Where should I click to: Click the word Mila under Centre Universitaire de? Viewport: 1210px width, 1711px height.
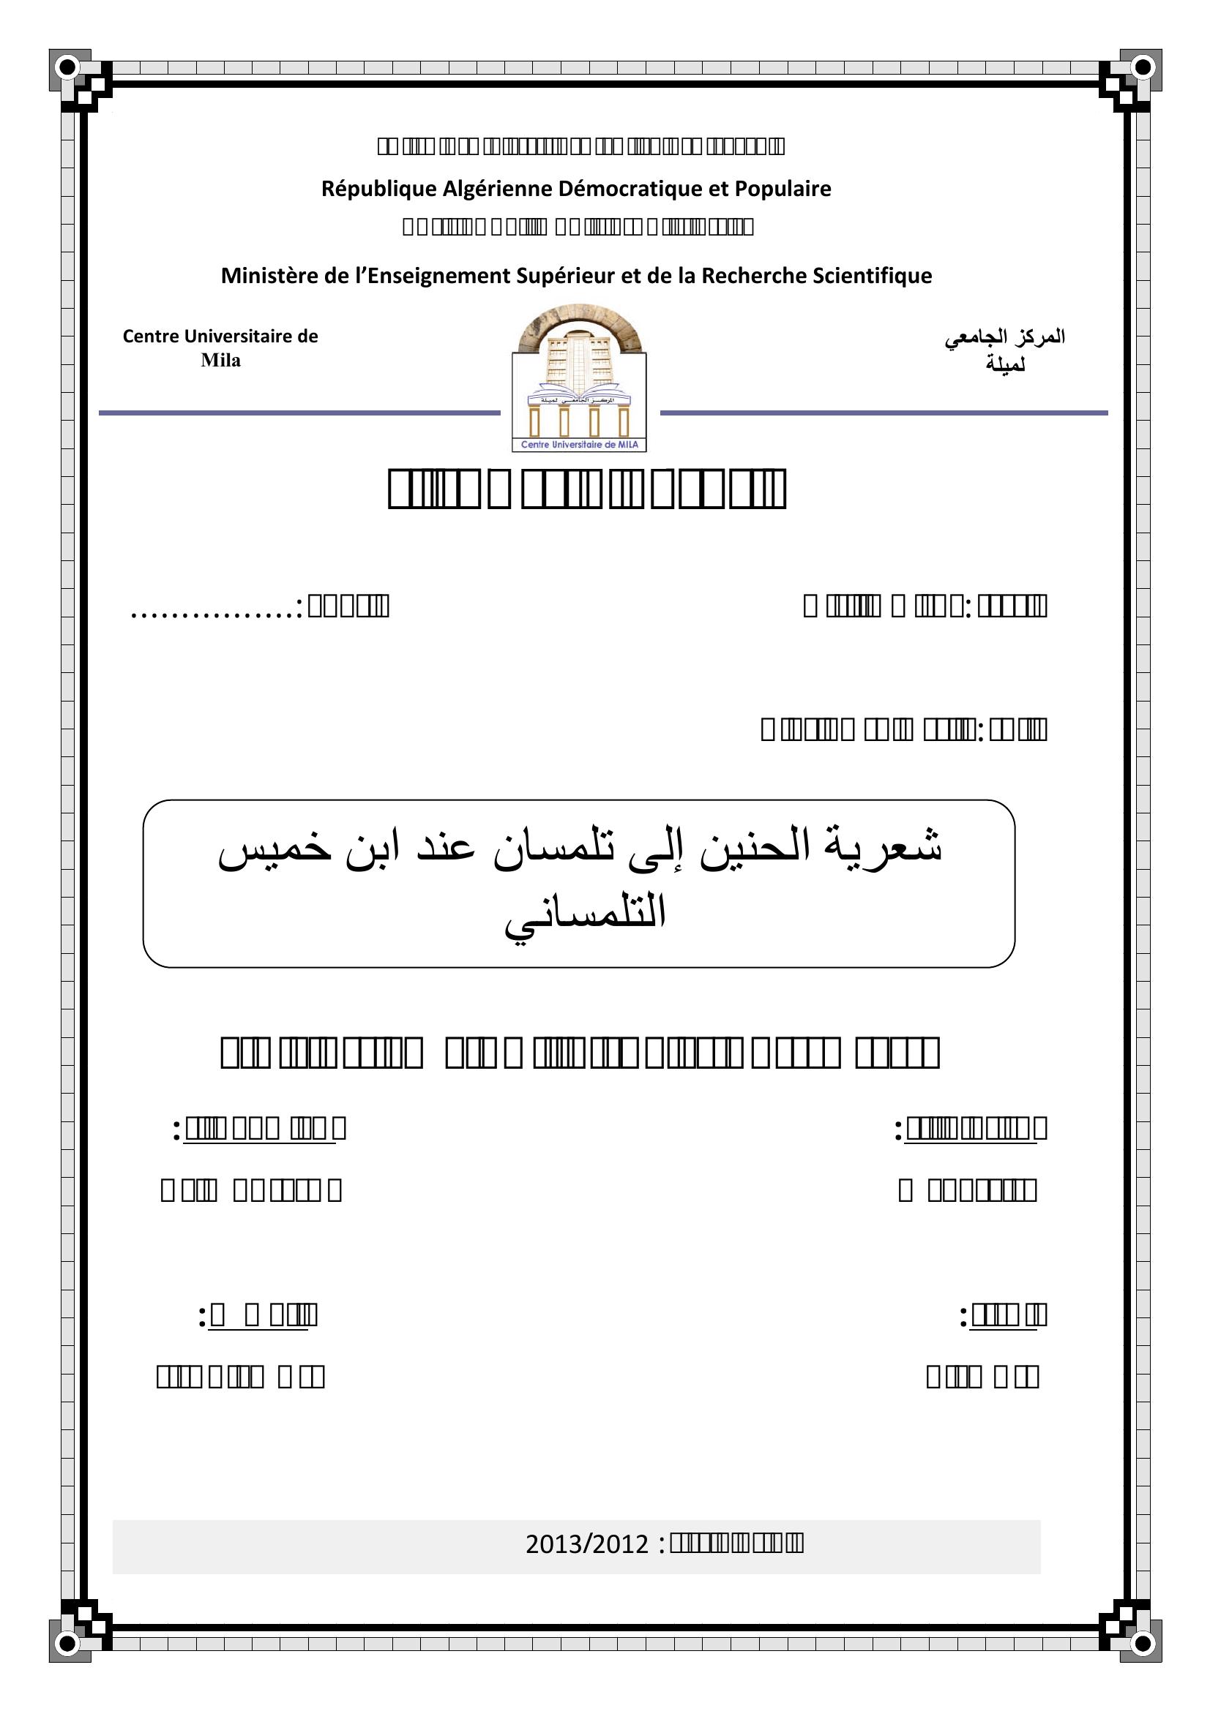tap(220, 361)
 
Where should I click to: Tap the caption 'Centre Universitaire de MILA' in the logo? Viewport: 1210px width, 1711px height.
tap(578, 445)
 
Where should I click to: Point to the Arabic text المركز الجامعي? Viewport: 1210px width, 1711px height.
tap(1005, 337)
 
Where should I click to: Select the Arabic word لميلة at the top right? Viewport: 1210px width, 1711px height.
tap(1005, 365)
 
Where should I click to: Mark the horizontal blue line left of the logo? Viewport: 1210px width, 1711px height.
tap(299, 413)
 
